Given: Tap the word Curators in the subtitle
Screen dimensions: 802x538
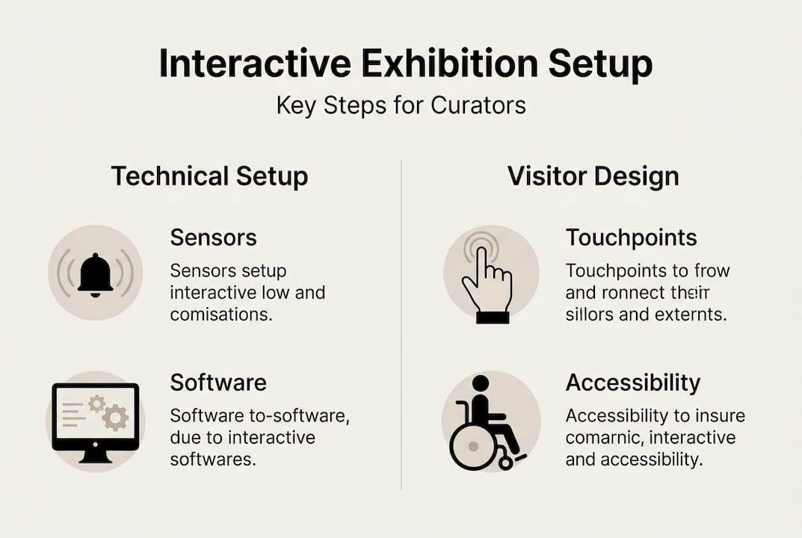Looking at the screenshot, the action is (478, 105).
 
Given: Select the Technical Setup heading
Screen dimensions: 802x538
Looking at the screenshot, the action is (210, 176).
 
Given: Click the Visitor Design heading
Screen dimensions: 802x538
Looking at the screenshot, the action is (593, 176).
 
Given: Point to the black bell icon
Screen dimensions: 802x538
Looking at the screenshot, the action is (95, 275).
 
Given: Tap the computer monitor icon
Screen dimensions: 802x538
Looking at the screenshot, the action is (96, 423).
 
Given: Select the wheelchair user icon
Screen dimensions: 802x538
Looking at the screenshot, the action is (486, 422).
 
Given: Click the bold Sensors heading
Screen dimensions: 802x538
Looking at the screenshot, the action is (213, 238).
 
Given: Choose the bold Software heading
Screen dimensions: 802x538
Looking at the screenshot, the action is (218, 383).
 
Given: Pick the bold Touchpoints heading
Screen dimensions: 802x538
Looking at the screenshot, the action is (631, 238).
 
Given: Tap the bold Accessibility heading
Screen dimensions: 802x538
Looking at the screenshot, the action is (633, 383).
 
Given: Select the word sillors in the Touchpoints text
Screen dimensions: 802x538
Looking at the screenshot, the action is (589, 314).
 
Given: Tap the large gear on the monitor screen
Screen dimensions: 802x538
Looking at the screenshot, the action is (115, 417).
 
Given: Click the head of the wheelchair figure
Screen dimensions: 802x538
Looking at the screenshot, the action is (481, 383).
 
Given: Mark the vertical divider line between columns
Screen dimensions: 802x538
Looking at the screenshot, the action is (401, 325).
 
